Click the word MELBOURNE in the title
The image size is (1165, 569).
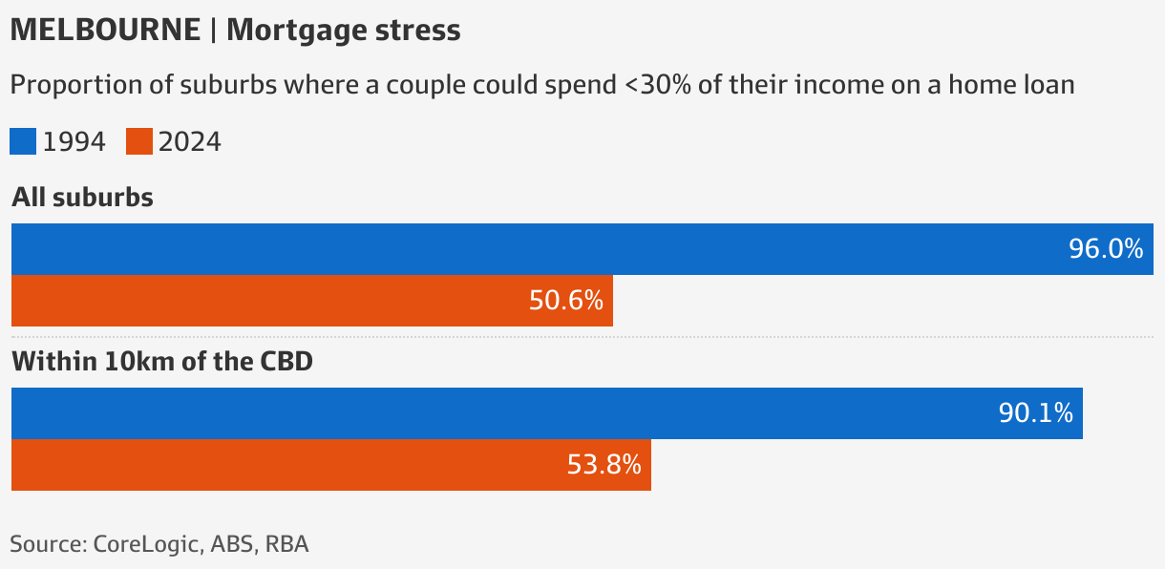103,31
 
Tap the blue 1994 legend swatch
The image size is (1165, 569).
23,141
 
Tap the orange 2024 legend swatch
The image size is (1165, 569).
139,141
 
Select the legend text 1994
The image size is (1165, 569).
74,142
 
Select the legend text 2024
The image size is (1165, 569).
189,142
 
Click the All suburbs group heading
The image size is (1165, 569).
82,198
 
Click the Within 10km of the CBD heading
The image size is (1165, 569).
161,362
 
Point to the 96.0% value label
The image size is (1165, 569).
1105,249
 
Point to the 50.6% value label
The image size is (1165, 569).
565,301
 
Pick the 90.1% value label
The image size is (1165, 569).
1035,413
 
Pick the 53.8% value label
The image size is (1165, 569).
604,465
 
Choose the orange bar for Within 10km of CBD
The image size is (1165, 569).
286,465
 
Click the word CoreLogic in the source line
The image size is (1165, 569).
147,545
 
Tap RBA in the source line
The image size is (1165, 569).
286,545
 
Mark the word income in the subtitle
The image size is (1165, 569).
835,85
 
